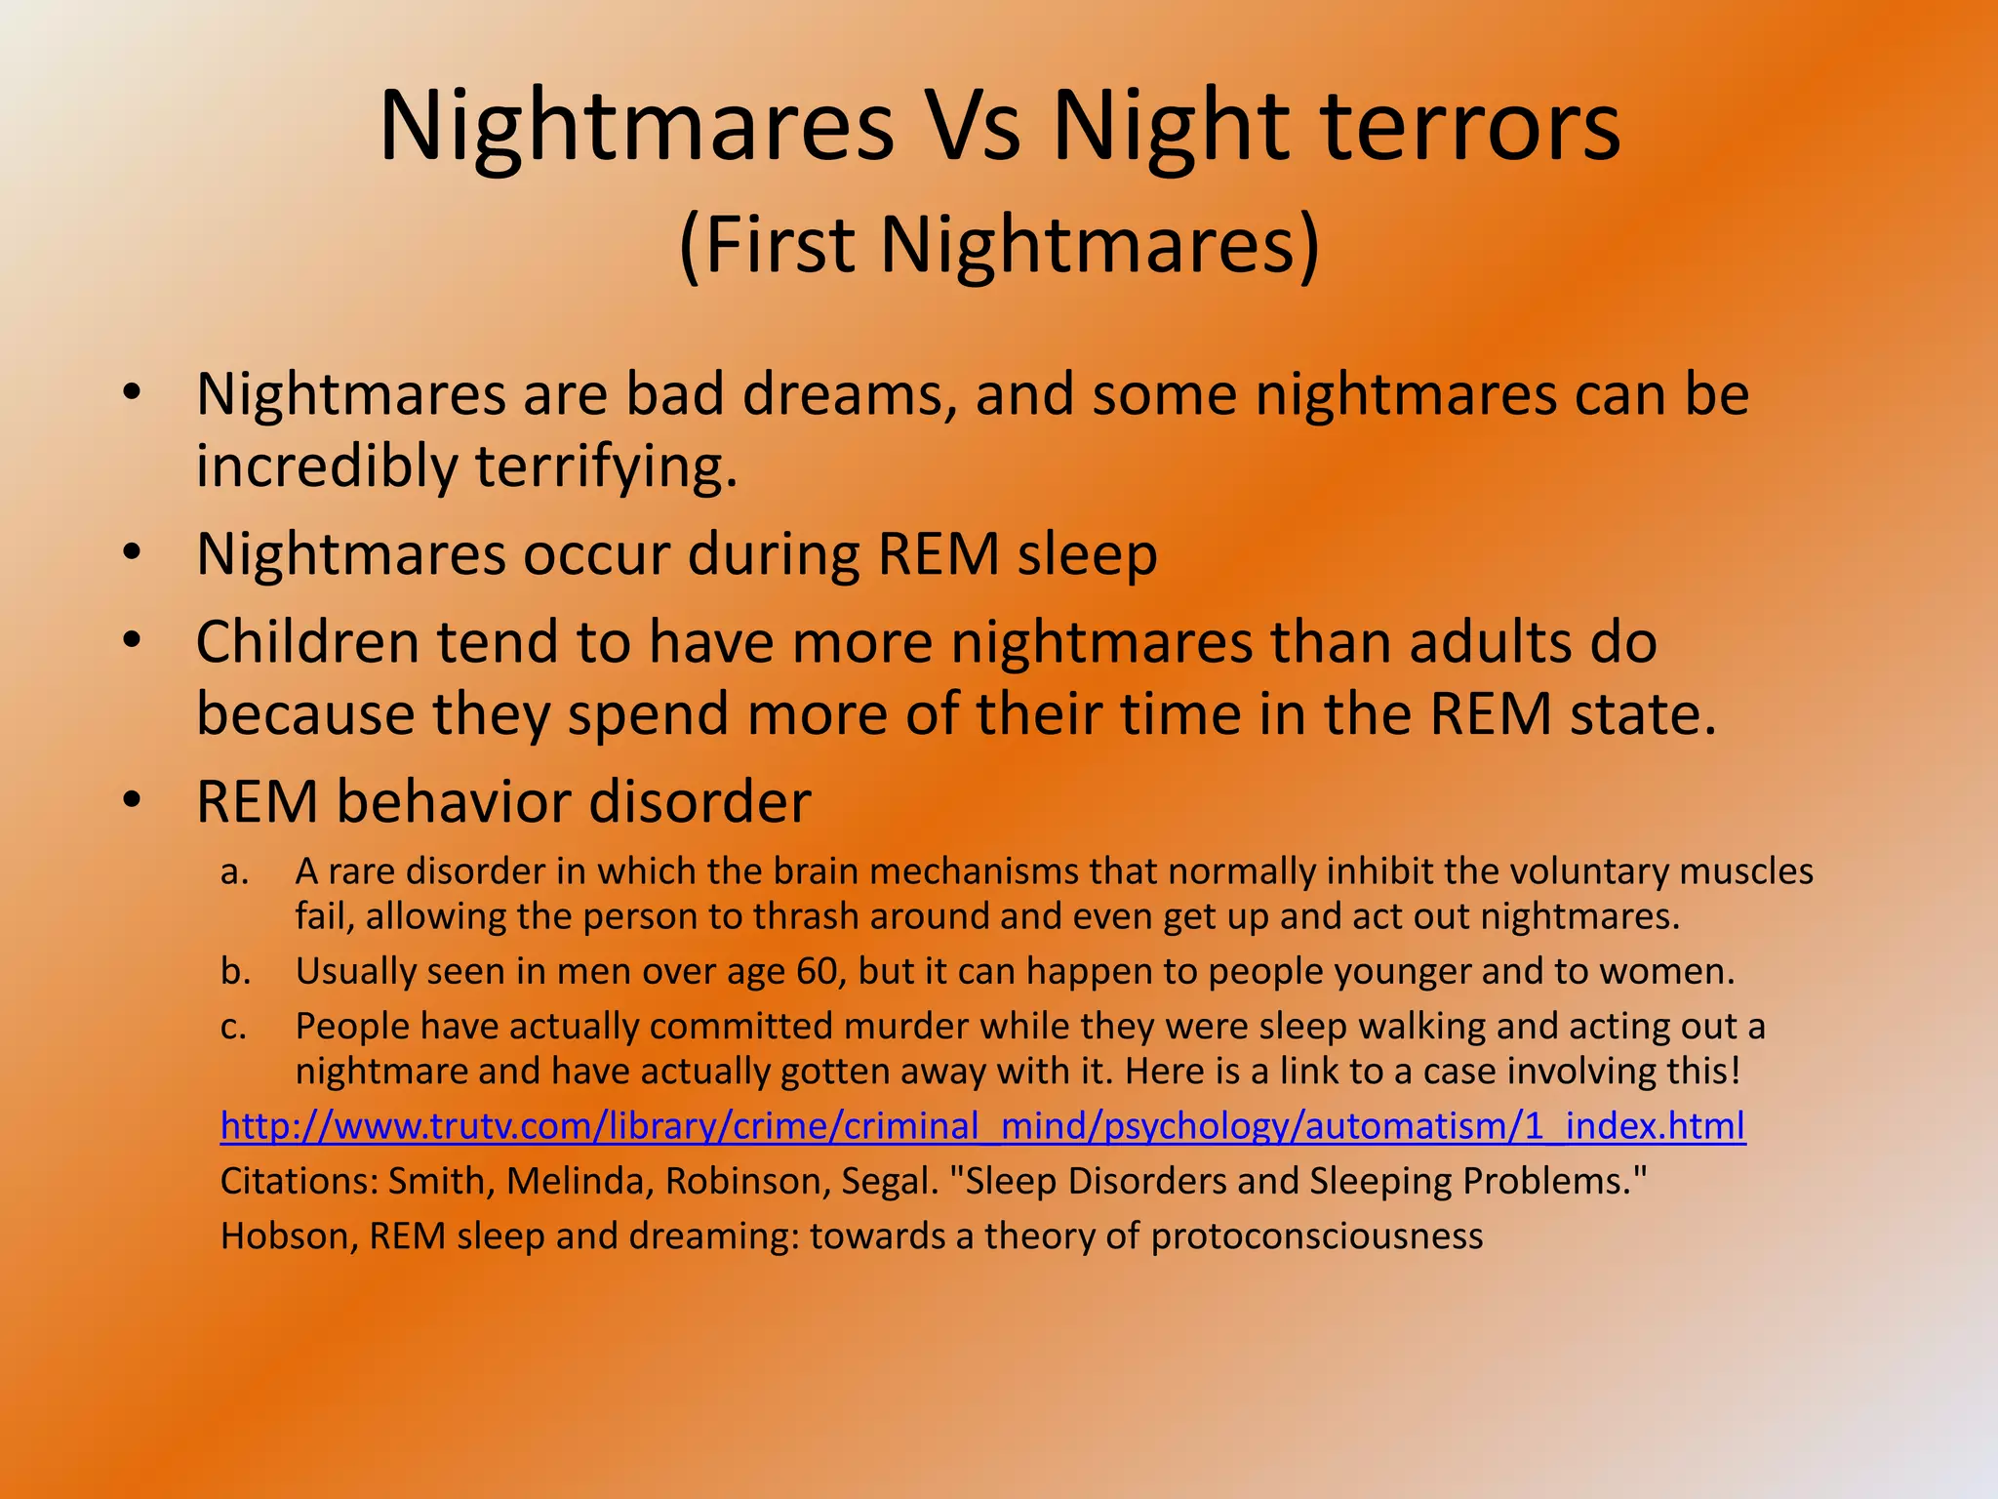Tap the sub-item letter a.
[233, 871]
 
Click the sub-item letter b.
[234, 971]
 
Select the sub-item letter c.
[233, 1027]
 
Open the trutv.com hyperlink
[982, 1126]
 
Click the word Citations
[300, 1181]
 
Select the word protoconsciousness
[1316, 1236]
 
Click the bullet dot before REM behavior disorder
[133, 801]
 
